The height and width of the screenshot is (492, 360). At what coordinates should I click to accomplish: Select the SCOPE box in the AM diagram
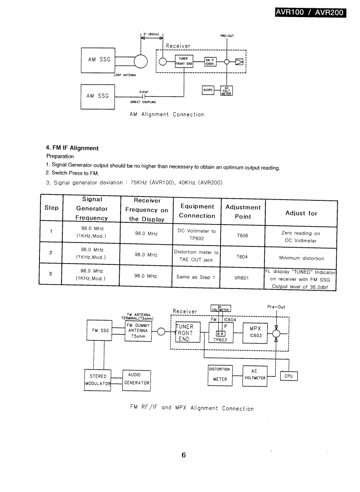tap(208, 90)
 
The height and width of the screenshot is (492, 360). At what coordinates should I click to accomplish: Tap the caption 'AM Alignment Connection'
tap(167, 114)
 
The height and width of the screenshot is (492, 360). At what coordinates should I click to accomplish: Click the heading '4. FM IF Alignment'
tap(72, 148)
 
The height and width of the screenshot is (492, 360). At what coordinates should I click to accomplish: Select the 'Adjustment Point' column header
tap(243, 212)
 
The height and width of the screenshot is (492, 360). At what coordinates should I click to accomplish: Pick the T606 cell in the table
tap(242, 235)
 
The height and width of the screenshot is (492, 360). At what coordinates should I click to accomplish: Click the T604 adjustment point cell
tap(242, 257)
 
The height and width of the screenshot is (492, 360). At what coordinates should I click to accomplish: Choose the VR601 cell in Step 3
tap(242, 277)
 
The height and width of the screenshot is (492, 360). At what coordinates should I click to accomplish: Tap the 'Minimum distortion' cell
tap(301, 258)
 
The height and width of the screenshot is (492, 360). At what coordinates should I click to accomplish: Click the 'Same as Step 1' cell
tap(196, 277)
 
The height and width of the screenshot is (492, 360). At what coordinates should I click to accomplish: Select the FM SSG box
tap(100, 331)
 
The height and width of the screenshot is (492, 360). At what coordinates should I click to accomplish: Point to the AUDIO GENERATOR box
tap(136, 379)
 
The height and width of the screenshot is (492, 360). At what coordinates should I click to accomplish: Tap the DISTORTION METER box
tap(220, 374)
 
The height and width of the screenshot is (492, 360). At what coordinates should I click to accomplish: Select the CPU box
tap(289, 376)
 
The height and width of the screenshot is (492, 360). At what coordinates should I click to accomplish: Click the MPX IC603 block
tap(255, 332)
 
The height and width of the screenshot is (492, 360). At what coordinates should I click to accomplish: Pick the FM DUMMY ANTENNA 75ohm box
tap(138, 331)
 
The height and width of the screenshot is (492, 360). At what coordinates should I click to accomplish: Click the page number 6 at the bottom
tap(184, 455)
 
